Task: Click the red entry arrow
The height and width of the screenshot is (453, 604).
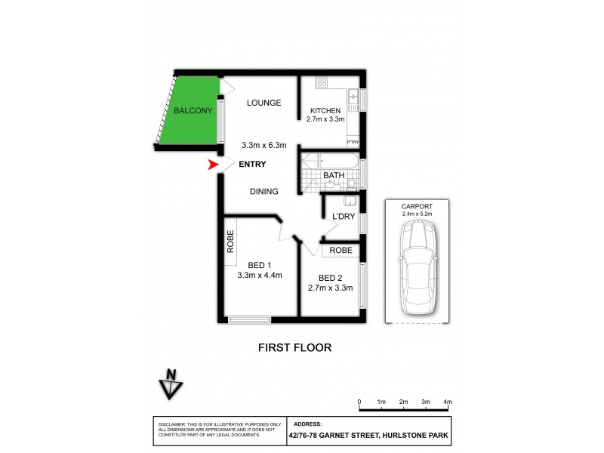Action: [x=213, y=164]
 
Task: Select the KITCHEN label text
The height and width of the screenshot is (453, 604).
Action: [x=325, y=111]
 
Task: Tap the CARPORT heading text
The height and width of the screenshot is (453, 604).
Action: [x=418, y=206]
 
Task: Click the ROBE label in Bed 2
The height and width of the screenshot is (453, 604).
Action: [x=340, y=250]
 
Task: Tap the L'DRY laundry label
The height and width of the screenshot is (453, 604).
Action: [x=344, y=217]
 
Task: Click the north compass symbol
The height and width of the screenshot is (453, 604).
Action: [x=171, y=384]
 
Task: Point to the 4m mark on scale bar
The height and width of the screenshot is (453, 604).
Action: [x=448, y=402]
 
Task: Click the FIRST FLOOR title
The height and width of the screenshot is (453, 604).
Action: [x=294, y=348]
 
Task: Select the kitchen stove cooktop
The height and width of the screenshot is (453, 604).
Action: [x=322, y=82]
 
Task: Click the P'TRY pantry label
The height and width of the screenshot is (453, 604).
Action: [x=353, y=141]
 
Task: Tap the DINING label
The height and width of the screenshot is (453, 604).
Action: [x=264, y=192]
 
